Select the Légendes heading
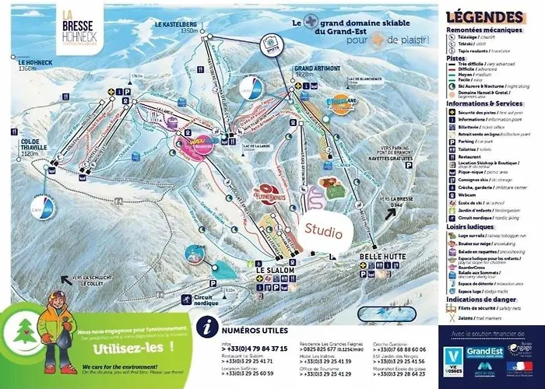coord(488,16)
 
